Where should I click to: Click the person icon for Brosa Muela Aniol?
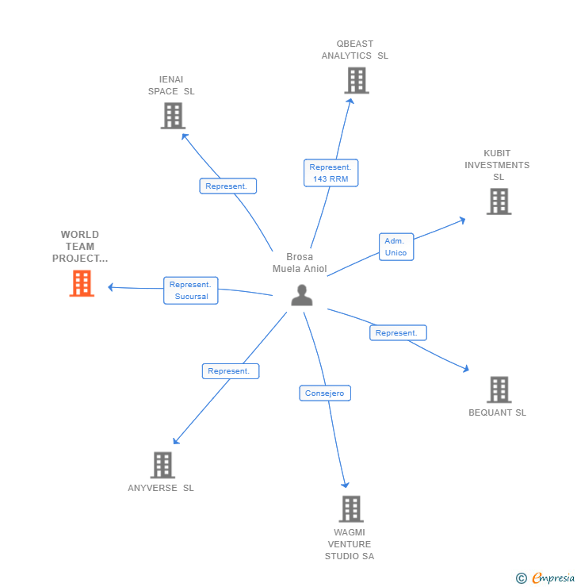coord(301,295)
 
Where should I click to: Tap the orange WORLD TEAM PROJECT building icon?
coord(82,283)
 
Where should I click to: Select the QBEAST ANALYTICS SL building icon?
coord(356,80)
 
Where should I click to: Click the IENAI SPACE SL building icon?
coord(172,116)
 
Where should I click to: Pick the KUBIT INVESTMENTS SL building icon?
coord(499,201)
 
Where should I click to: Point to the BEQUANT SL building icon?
coord(499,389)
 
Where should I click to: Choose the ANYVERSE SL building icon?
coord(162,465)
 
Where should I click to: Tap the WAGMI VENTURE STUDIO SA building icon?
coord(350,508)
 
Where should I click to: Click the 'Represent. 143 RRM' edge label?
coord(331,173)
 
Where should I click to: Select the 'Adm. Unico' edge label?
coord(395,247)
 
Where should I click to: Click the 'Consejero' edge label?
coord(325,393)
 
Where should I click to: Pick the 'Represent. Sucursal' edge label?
coord(190,290)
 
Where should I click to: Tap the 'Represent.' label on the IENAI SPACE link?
coord(227,186)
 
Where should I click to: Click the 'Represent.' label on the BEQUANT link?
coord(398,333)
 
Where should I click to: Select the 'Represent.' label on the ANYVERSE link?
coord(230,370)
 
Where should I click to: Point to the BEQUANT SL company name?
coord(497,412)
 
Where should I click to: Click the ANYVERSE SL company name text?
coord(161,488)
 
